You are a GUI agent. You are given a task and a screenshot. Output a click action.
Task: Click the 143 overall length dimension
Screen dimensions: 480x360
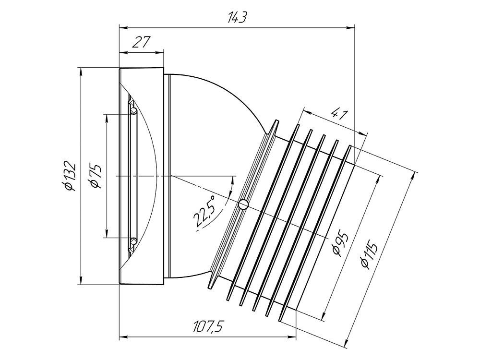pos(237,17)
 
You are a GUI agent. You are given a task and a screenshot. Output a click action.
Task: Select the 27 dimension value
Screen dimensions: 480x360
pos(142,42)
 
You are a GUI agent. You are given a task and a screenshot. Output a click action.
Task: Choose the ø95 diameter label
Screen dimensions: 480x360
pos(340,245)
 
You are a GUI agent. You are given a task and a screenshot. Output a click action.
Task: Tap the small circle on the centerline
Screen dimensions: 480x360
pos(243,204)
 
